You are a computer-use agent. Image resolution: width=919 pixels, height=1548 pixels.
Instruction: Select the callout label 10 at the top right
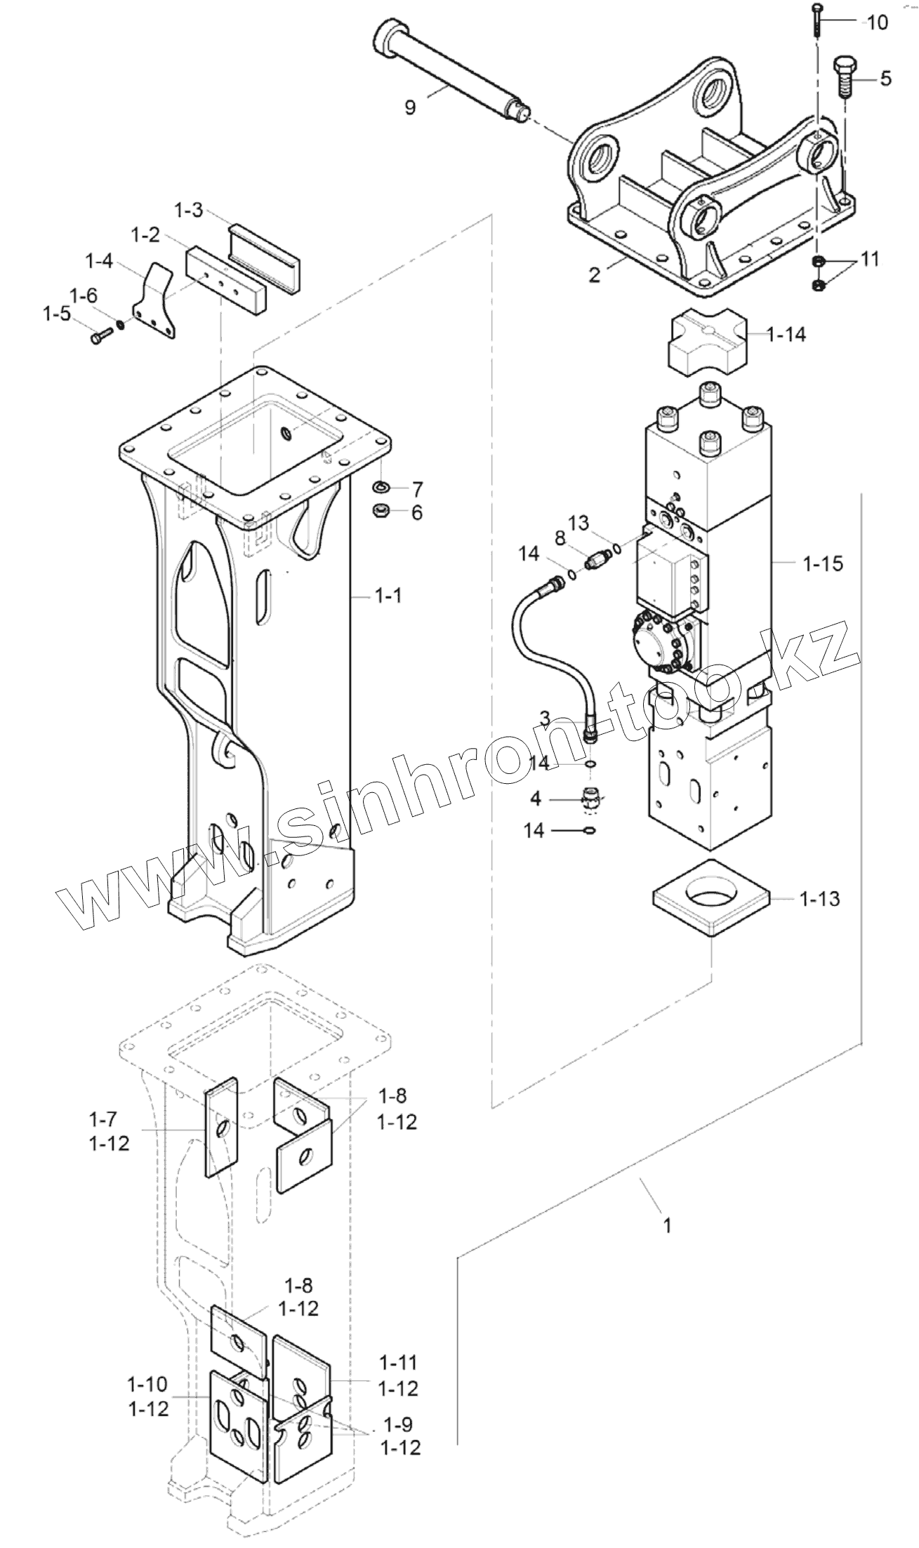click(877, 22)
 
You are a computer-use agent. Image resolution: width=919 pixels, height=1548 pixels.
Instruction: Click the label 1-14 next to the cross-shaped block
click(786, 334)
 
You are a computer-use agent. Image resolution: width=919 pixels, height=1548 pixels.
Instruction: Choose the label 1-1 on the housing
click(388, 596)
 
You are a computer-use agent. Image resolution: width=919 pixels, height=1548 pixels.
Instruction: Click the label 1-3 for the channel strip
click(188, 209)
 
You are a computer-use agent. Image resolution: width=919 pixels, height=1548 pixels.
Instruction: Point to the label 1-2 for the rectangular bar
click(146, 235)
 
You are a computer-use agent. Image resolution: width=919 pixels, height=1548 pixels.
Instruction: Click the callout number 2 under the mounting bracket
click(595, 274)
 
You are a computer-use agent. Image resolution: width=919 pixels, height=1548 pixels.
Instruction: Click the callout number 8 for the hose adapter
click(560, 538)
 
